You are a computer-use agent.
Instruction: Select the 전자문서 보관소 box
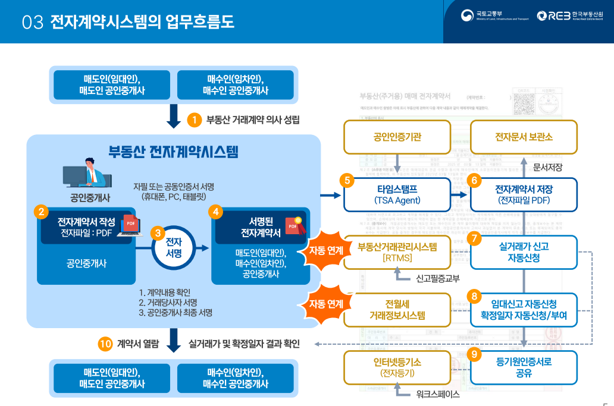pyautogui.click(x=524, y=137)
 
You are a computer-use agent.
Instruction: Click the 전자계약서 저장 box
pyautogui.click(x=524, y=194)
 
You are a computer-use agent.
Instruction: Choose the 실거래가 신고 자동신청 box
pyautogui.click(x=524, y=252)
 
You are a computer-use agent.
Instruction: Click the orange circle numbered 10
pyautogui.click(x=105, y=344)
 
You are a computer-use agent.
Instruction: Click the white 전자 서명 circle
pyautogui.click(x=173, y=248)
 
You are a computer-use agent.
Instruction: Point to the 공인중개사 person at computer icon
pyautogui.click(x=87, y=172)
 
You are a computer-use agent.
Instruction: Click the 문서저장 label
pyautogui.click(x=548, y=167)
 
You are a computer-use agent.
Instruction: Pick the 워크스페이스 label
pyautogui.click(x=438, y=394)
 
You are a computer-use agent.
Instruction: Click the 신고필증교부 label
pyautogui.click(x=438, y=278)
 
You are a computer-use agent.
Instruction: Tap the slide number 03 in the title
pyautogui.click(x=33, y=23)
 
